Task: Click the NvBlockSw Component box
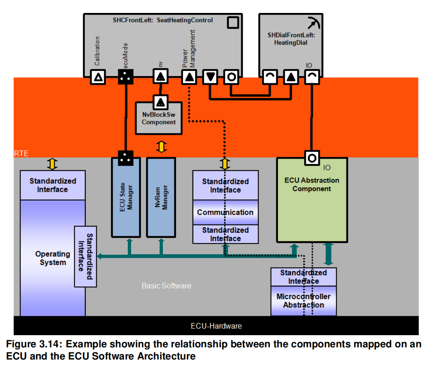pyautogui.click(x=159, y=118)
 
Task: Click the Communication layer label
pyautogui.click(x=225, y=212)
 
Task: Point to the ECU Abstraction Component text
pyautogui.click(x=312, y=184)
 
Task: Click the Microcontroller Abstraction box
pyautogui.click(x=304, y=301)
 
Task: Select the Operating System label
pyautogui.click(x=52, y=258)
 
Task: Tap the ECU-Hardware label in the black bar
pyautogui.click(x=216, y=326)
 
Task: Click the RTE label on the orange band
pyautogui.click(x=21, y=153)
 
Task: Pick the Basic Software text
pyautogui.click(x=166, y=286)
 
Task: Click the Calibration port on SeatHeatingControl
pyautogui.click(x=99, y=77)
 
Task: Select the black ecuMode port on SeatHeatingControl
pyautogui.click(x=126, y=77)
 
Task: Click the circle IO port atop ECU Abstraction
pyautogui.click(x=312, y=158)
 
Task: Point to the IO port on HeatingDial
pyautogui.click(x=312, y=77)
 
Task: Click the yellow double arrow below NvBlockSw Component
pyautogui.click(x=161, y=147)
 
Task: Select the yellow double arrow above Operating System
pyautogui.click(x=52, y=164)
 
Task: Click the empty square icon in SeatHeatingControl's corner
pyautogui.click(x=233, y=22)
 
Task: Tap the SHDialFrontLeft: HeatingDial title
pyautogui.click(x=291, y=38)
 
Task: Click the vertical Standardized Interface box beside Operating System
pyautogui.click(x=85, y=256)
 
